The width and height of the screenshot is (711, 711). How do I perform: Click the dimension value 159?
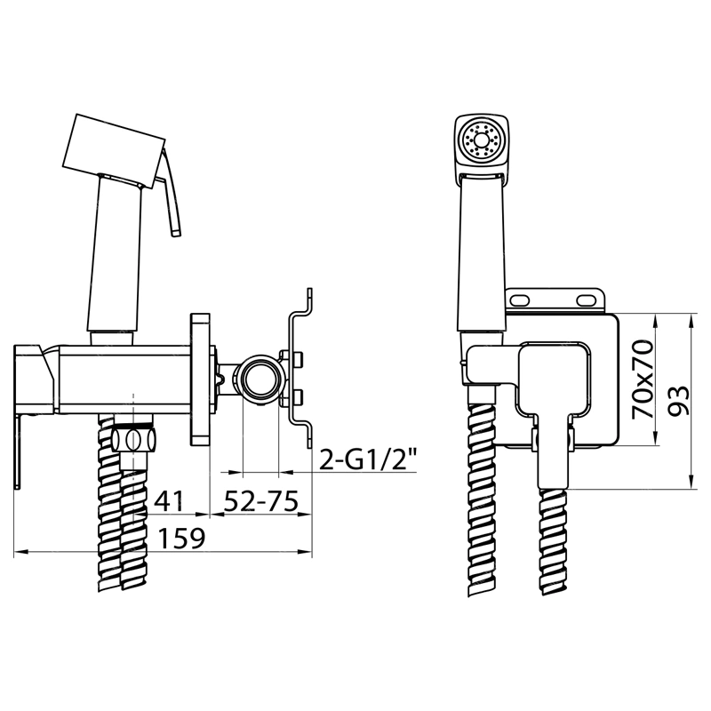tap(182, 539)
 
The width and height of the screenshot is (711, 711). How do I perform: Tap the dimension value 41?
tap(169, 501)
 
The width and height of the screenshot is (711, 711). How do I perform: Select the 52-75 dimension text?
tap(261, 501)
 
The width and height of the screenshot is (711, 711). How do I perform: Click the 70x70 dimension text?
tap(643, 379)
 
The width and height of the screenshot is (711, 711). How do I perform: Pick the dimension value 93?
tap(679, 400)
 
